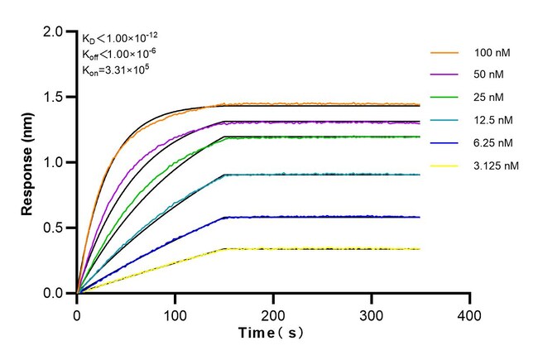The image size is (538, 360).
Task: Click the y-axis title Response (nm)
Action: (x=28, y=162)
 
